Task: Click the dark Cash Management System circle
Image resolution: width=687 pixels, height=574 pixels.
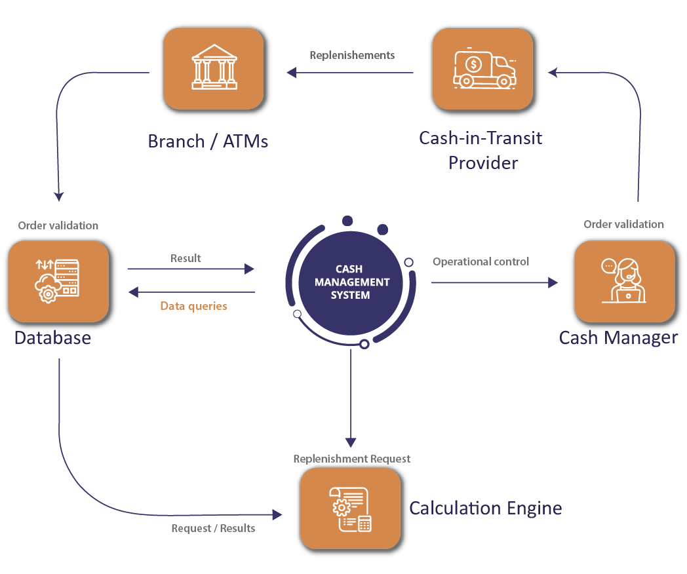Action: tap(351, 282)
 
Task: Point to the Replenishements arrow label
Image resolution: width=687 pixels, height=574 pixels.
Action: tap(352, 55)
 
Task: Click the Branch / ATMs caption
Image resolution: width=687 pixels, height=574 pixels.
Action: tap(208, 142)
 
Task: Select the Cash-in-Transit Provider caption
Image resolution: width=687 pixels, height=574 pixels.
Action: tap(481, 150)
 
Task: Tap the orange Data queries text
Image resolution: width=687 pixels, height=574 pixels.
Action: tap(193, 306)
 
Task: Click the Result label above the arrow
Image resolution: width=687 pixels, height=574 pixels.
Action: tap(186, 258)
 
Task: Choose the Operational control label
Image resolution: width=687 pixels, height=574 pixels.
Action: tap(481, 261)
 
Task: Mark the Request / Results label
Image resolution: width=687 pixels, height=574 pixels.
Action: tap(213, 528)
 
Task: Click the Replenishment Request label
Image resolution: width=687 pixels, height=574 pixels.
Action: tap(351, 459)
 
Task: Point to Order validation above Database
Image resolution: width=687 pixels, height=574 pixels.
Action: tap(58, 225)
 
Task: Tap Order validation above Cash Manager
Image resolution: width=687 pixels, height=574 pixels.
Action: tap(623, 224)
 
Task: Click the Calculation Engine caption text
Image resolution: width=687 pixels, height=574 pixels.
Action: tap(485, 508)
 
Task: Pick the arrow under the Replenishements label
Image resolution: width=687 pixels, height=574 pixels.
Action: tap(351, 73)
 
